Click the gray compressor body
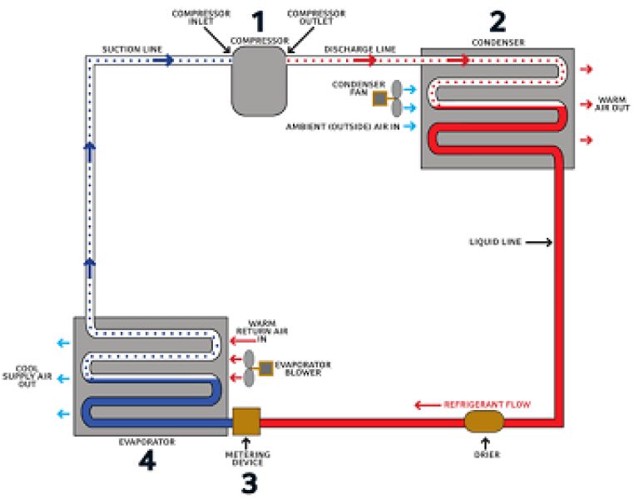[259, 81]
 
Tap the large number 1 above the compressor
[259, 22]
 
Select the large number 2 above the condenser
[498, 22]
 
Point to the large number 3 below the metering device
[250, 484]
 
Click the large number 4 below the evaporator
[147, 461]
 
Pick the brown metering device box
[246, 422]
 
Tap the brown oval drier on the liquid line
[484, 422]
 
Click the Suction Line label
[132, 49]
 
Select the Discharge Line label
[359, 49]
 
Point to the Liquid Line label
[496, 242]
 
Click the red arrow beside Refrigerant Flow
[428, 405]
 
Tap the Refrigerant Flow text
[487, 404]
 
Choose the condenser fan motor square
[379, 98]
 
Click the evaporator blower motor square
[265, 368]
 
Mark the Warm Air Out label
[612, 103]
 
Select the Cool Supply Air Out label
[27, 376]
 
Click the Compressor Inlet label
[201, 17]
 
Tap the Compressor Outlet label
[316, 17]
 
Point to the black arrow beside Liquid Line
[539, 242]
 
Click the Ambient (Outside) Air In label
[343, 126]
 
